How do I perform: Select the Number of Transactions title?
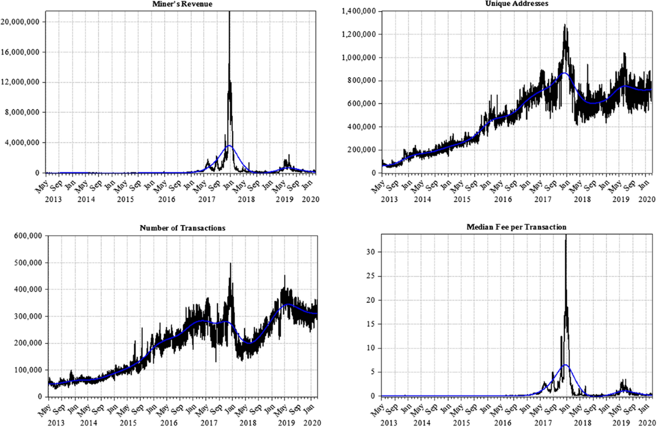coord(182,228)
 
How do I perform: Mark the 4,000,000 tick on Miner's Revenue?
coord(24,142)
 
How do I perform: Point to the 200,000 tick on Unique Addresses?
coord(359,149)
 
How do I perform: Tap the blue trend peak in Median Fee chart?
coord(565,365)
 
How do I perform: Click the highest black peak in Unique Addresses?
coord(564,25)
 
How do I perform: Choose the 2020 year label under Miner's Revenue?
coord(309,199)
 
